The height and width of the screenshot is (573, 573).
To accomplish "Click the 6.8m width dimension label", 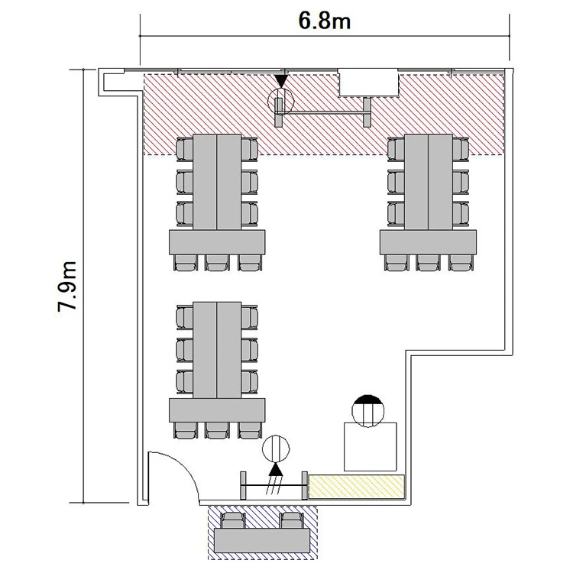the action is click(x=325, y=21).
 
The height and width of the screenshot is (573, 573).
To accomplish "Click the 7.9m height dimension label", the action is click(x=67, y=286).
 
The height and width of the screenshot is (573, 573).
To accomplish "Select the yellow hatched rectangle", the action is click(x=357, y=487).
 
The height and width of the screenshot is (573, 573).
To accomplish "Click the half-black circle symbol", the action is click(x=368, y=411).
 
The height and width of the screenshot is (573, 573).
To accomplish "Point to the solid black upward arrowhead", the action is click(x=276, y=469).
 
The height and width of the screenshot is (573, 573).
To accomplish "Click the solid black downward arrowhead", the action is click(x=281, y=81).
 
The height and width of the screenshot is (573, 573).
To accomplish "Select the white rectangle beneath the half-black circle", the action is click(x=371, y=447).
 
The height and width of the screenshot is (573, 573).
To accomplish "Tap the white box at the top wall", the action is click(x=367, y=83).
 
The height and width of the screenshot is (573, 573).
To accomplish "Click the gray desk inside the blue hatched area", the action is click(x=262, y=540).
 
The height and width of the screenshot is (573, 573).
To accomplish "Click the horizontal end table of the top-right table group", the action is click(x=428, y=242).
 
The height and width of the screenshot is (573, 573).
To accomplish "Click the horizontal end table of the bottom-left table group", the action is click(x=217, y=410).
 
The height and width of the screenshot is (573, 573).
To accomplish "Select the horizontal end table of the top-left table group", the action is click(x=217, y=242).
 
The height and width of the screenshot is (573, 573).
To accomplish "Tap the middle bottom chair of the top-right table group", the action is click(x=428, y=263).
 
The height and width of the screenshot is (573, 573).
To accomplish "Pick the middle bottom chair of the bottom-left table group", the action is click(x=217, y=431).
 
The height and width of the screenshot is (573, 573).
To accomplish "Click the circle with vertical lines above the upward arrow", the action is click(x=276, y=448).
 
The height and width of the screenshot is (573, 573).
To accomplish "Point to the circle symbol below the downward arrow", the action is click(x=280, y=101).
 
